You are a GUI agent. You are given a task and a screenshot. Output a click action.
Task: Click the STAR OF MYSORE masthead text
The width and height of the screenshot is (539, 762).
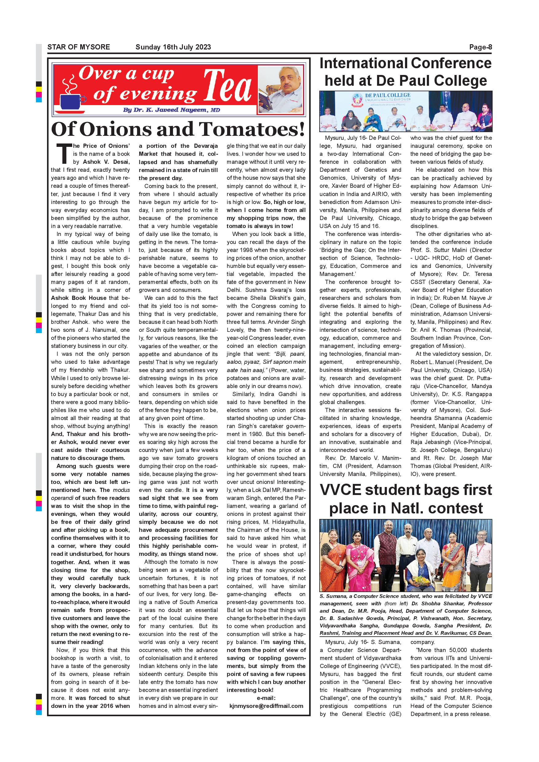[x=79, y=47]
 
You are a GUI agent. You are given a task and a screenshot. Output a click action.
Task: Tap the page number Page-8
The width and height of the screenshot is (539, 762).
[x=480, y=47]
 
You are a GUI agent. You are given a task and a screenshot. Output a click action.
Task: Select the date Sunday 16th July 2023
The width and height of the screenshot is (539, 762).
[x=173, y=47]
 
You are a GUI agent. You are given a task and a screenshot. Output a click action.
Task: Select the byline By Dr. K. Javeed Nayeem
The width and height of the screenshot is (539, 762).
[x=171, y=110]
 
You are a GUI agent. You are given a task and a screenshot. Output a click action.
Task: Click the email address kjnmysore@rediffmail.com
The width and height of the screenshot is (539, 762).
[x=266, y=706]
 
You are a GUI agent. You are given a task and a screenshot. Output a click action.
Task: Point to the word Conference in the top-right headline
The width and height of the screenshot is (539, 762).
[x=451, y=63]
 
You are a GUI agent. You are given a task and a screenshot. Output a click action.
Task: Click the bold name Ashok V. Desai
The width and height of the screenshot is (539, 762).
[x=106, y=162]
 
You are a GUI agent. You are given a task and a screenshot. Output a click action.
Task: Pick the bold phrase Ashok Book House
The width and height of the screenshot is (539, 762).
[x=79, y=298]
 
